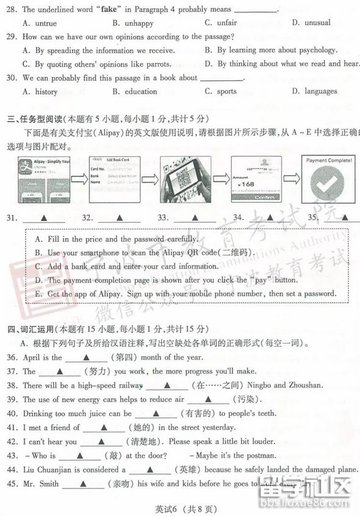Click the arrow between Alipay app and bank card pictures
point(79,179)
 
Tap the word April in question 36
point(32,357)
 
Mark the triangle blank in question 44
point(149,470)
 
